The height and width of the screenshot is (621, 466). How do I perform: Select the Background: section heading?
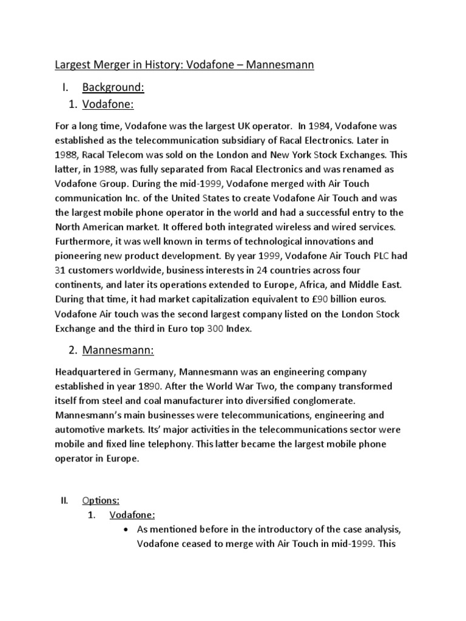tap(113, 88)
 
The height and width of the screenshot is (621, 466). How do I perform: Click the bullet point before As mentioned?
tap(126, 529)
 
